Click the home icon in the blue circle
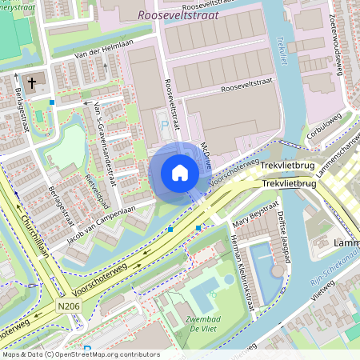tap(180, 173)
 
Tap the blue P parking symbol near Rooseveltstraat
tap(166, 126)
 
